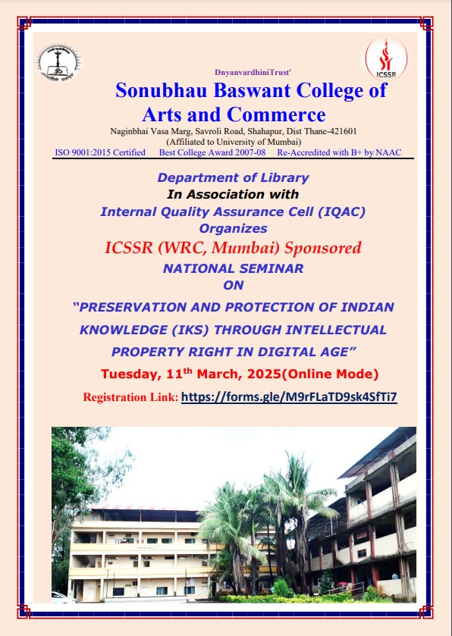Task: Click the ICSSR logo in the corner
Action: pos(386,59)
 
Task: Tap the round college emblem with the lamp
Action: pos(59,62)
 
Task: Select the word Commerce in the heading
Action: pos(276,114)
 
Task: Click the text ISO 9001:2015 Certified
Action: pos(100,152)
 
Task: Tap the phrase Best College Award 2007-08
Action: pos(212,152)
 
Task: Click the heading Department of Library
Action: pos(233,177)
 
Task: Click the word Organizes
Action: pos(233,228)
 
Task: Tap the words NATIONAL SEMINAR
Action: pos(233,268)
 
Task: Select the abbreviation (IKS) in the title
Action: pos(190,330)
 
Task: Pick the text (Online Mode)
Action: pos(329,374)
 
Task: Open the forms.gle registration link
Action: pos(289,396)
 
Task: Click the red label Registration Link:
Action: pos(130,397)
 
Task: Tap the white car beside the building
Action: pos(63,597)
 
